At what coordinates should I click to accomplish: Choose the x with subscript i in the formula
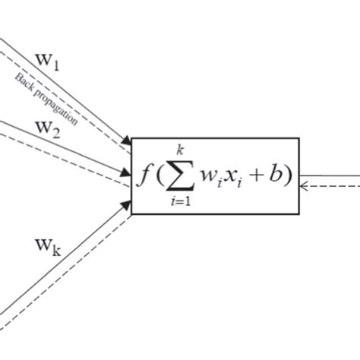click(233, 178)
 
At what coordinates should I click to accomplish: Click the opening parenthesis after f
click(156, 175)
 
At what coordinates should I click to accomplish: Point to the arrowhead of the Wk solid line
click(125, 204)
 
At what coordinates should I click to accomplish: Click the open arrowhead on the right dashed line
click(305, 184)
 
